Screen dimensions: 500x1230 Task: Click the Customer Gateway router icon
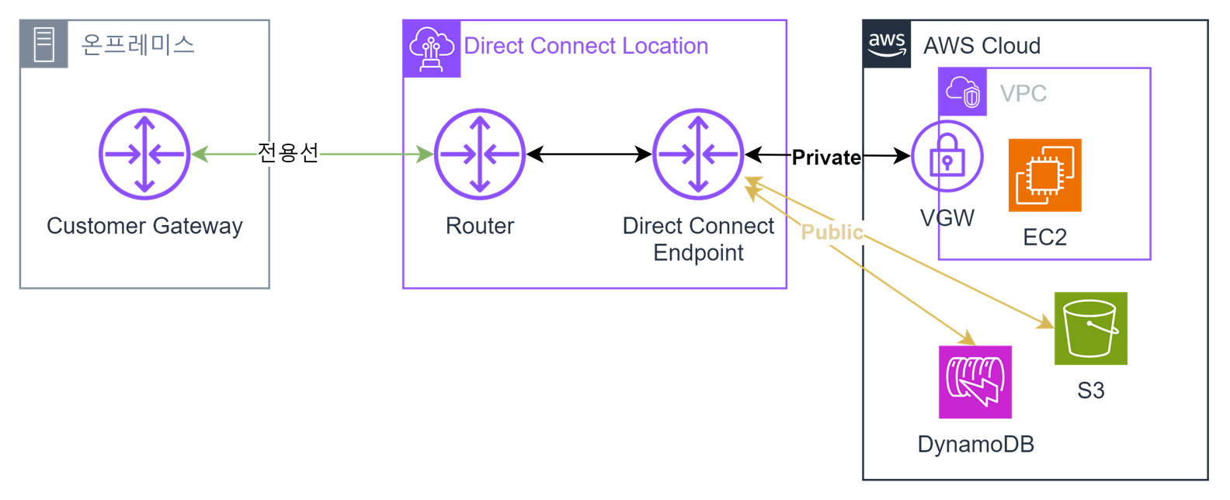[x=144, y=155]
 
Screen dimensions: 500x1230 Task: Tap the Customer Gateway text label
[x=144, y=226]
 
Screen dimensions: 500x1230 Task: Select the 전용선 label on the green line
[x=288, y=153]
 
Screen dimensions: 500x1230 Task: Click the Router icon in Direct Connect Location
[x=480, y=155]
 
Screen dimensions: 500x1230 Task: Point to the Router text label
[x=480, y=226]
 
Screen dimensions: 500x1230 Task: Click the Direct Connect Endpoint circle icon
[x=698, y=155]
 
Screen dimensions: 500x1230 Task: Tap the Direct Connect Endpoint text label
[x=698, y=239]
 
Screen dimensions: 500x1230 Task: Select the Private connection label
[x=826, y=158]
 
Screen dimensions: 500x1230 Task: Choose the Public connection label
[x=832, y=232]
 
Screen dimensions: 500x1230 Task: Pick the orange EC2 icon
[x=1044, y=175]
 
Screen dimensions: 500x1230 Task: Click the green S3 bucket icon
[x=1091, y=328]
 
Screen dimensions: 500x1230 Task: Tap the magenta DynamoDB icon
[x=975, y=382]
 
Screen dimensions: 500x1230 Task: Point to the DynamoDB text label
[x=975, y=444]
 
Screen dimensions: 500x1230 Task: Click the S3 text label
[x=1091, y=391]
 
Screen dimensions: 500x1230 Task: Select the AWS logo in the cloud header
[x=887, y=44]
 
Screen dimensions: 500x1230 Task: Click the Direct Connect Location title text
[x=586, y=46]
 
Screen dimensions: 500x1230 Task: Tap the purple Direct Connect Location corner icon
[x=432, y=49]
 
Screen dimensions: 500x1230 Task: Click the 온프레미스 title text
[x=138, y=44]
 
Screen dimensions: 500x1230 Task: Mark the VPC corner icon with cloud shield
[x=963, y=92]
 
